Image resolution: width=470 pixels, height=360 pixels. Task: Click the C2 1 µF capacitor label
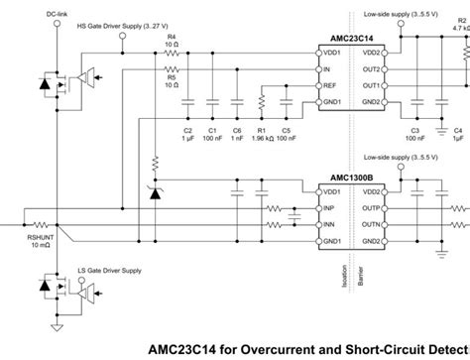point(186,135)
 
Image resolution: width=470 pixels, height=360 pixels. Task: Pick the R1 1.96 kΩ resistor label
point(261,135)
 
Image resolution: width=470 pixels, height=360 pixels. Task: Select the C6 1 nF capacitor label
point(235,135)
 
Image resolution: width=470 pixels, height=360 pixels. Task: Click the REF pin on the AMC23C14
point(330,87)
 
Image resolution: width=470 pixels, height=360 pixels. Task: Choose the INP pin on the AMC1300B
point(330,209)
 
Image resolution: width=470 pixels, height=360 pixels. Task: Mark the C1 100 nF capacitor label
point(210,135)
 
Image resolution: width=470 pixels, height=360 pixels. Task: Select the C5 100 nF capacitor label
point(287,135)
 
